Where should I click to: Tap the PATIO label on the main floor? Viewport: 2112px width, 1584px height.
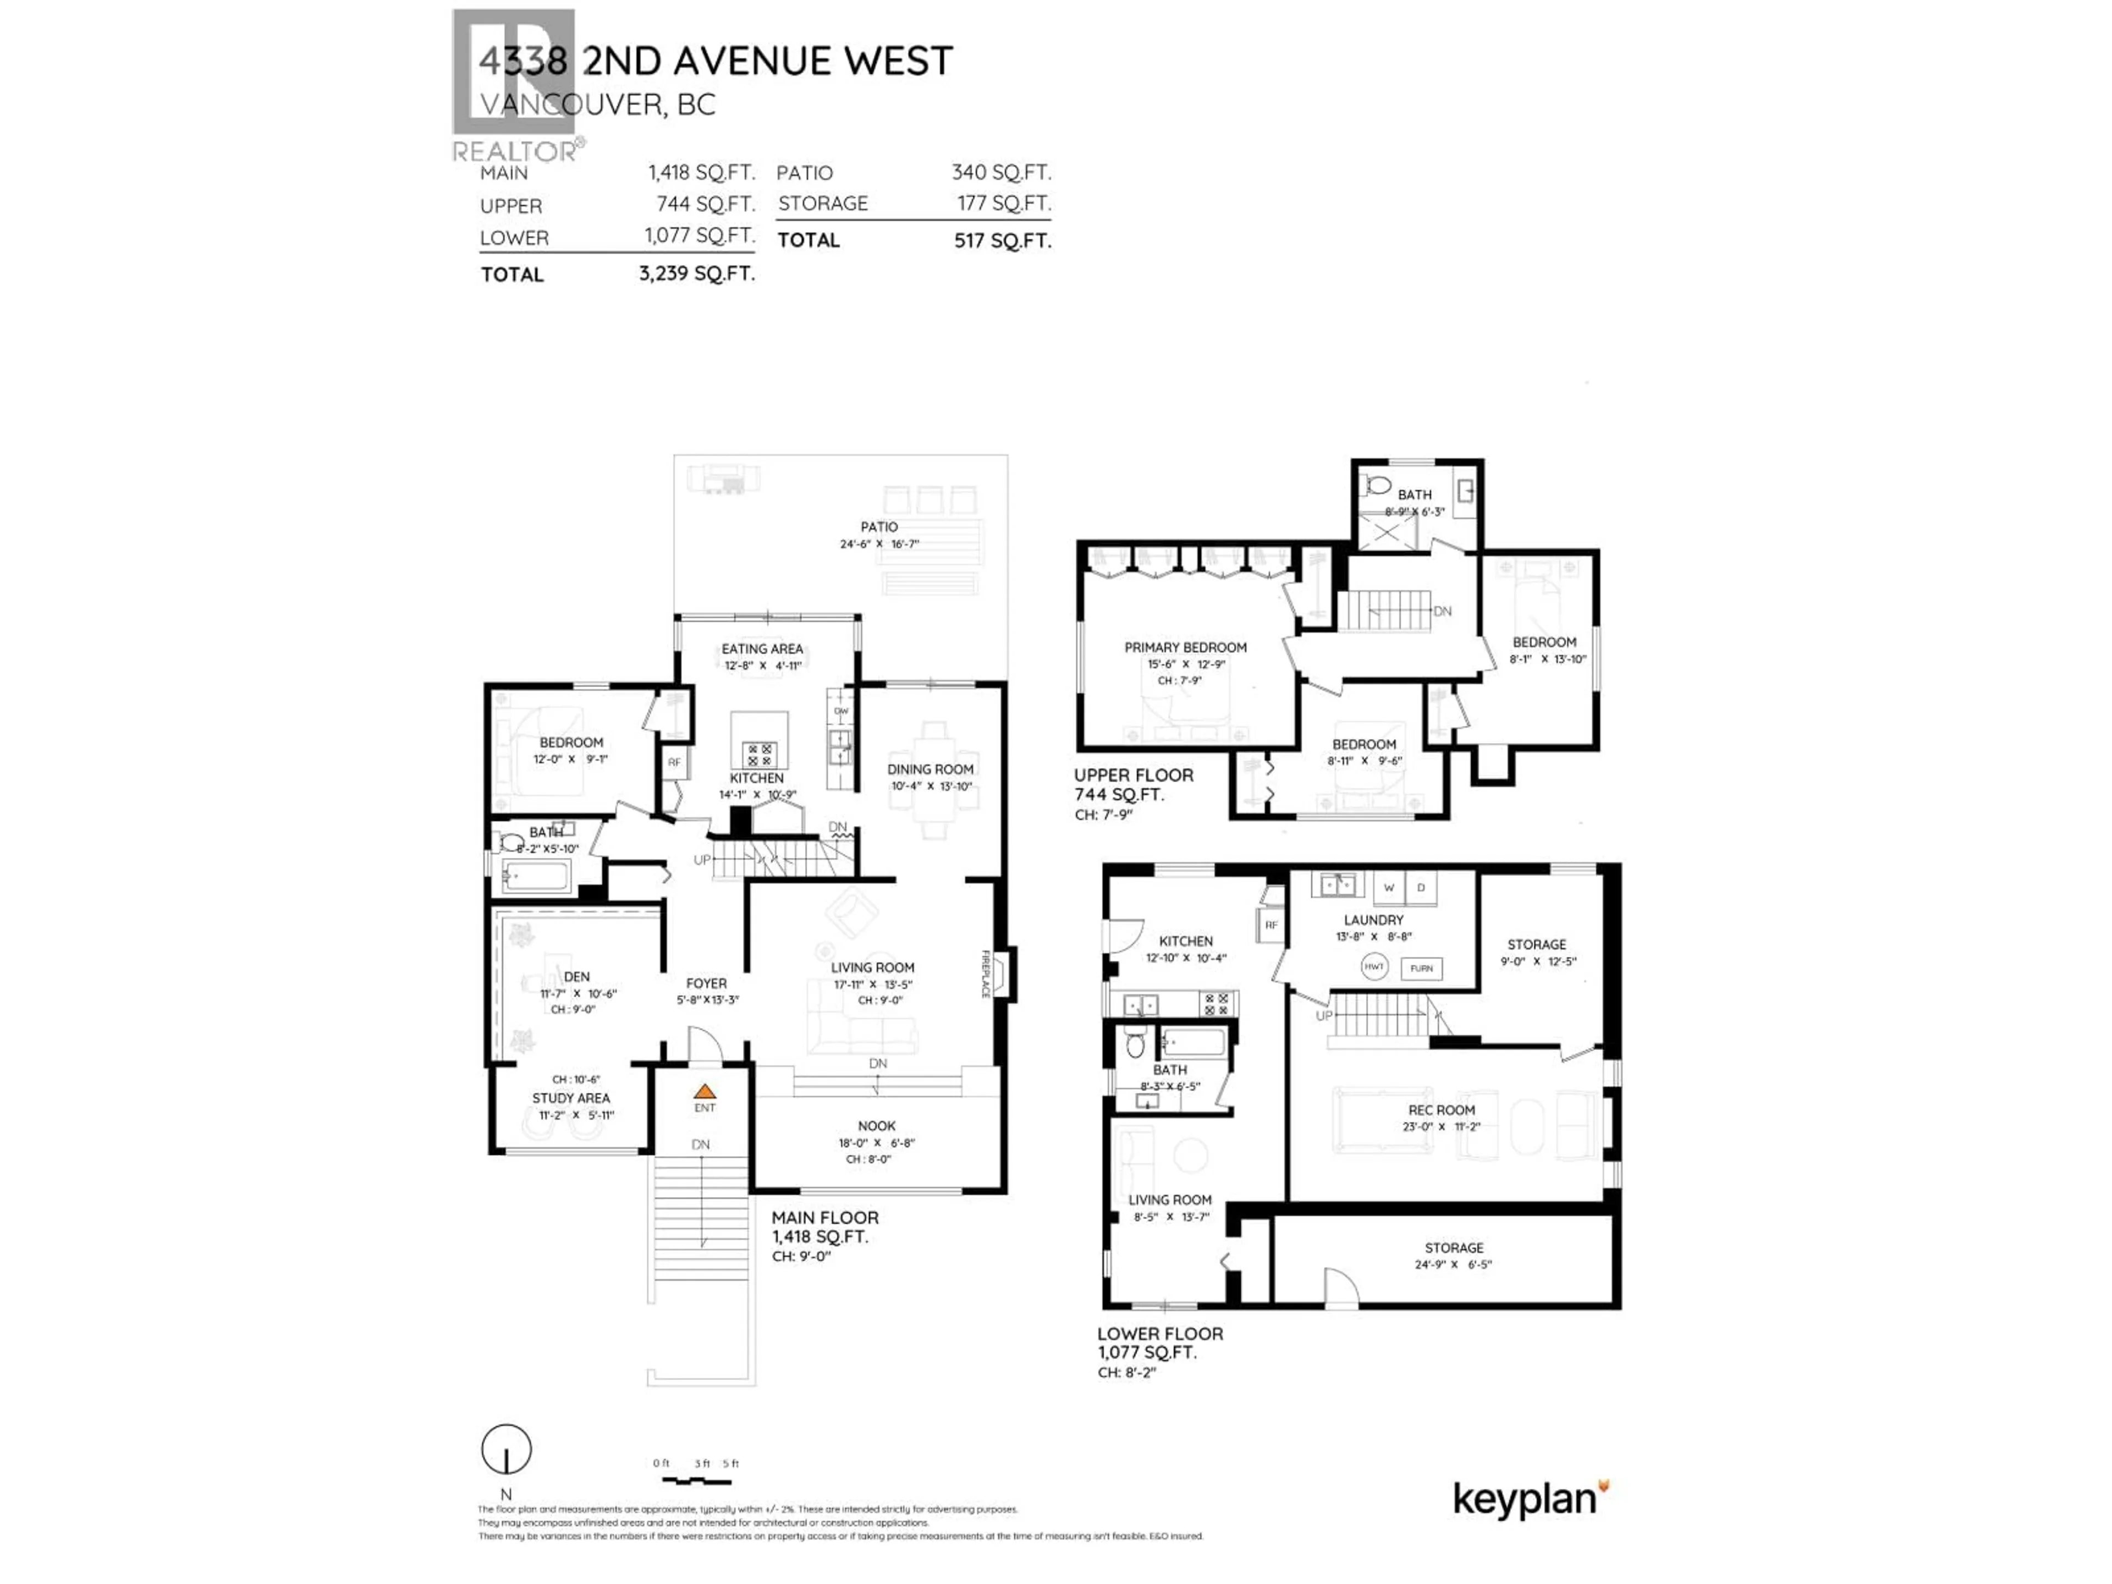(878, 527)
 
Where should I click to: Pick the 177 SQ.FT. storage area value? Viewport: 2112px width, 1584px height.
(1004, 204)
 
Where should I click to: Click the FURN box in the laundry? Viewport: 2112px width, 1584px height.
(1421, 968)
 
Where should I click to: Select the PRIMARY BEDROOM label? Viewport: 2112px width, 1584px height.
(1185, 647)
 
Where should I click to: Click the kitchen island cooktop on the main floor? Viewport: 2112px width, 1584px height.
(760, 755)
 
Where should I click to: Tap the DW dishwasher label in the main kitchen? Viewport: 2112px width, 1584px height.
(841, 711)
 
